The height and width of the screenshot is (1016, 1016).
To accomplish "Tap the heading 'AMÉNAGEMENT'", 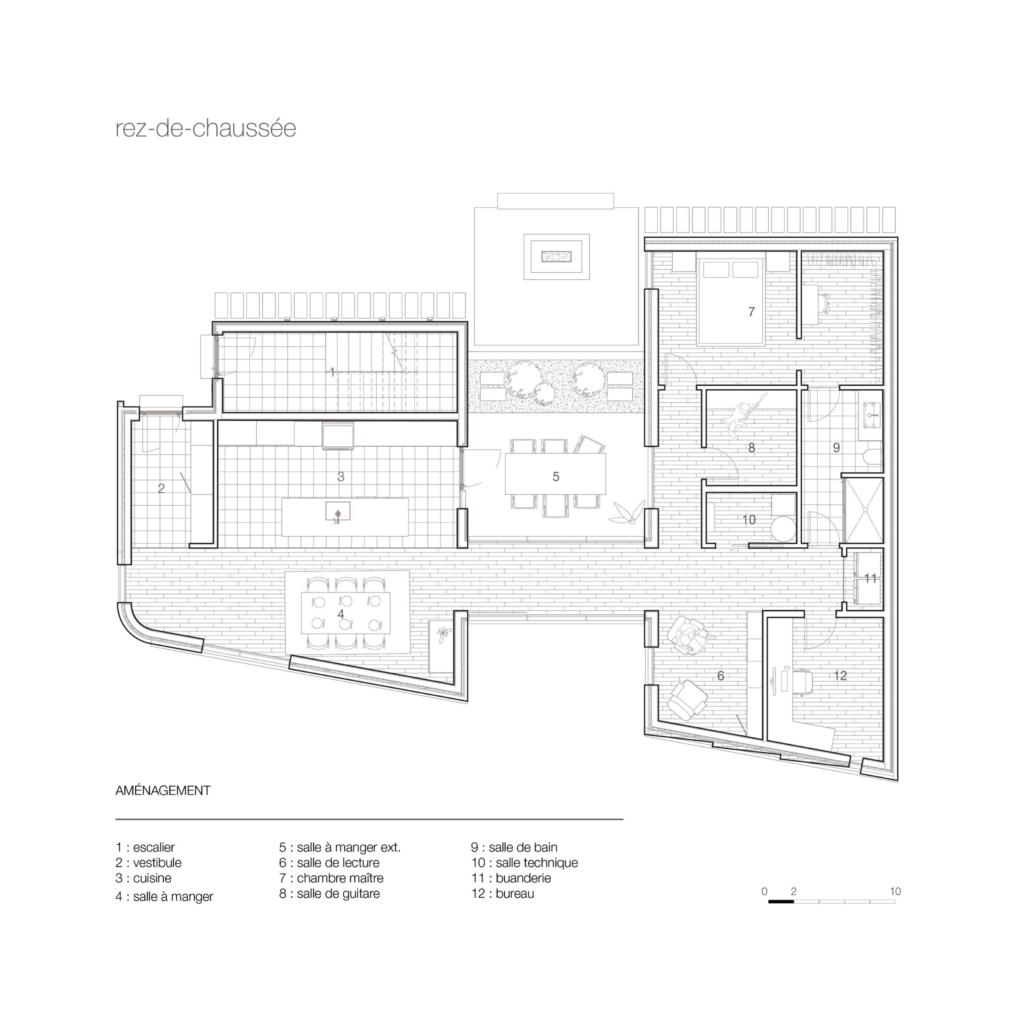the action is point(163,791).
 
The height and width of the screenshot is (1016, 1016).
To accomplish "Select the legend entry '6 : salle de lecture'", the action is point(329,862).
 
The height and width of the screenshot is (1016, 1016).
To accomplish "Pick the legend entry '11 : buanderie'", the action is point(511,878).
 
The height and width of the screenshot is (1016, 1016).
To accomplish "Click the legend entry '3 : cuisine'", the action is point(144,878).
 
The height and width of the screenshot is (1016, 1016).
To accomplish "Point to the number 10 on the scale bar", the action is point(895,891).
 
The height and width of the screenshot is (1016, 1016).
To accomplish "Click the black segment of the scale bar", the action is point(781,902).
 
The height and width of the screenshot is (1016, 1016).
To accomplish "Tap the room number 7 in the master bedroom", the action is point(751,312).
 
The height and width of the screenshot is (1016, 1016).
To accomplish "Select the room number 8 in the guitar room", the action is point(751,448).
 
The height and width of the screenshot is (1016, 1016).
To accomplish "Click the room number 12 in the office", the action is point(840,676).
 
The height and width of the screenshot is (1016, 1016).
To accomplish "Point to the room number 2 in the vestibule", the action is point(162,488).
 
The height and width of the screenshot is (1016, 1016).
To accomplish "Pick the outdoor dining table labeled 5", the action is point(555,474).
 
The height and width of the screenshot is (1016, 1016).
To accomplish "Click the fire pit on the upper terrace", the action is point(556,257).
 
